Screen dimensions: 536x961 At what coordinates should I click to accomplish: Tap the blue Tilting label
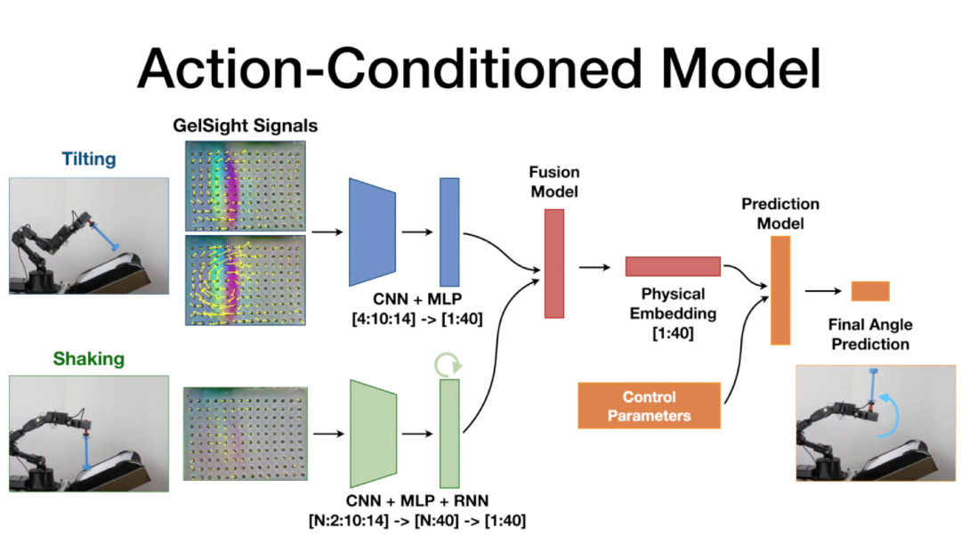click(x=89, y=158)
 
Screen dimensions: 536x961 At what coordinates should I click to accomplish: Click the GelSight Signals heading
click(x=246, y=126)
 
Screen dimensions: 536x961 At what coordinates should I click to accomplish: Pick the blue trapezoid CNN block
click(x=371, y=231)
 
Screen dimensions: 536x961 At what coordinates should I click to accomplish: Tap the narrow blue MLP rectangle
click(x=449, y=231)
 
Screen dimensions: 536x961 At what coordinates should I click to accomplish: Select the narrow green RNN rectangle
click(x=449, y=434)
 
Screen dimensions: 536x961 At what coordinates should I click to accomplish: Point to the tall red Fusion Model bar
click(x=554, y=263)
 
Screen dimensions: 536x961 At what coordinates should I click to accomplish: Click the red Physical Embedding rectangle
click(x=673, y=266)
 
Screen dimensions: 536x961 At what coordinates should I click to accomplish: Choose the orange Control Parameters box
click(x=649, y=406)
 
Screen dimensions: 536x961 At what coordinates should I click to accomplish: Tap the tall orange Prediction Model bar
click(x=780, y=290)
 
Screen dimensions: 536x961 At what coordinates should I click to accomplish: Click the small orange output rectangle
click(x=870, y=290)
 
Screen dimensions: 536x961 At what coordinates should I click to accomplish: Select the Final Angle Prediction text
click(x=870, y=334)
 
